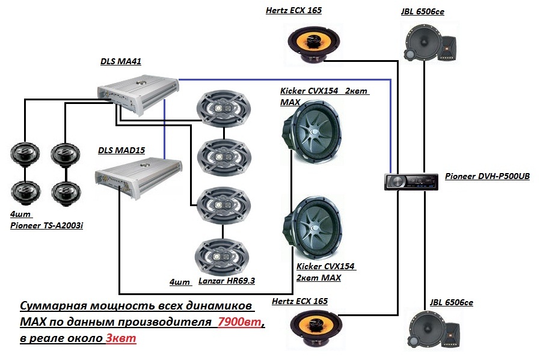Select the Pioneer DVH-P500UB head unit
click(411, 181)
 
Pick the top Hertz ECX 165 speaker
click(312, 44)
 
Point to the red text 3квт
click(121, 338)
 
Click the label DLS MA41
click(121, 61)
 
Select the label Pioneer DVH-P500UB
click(487, 177)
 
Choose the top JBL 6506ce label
click(422, 11)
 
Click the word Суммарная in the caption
click(55, 307)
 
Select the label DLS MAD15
click(121, 150)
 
